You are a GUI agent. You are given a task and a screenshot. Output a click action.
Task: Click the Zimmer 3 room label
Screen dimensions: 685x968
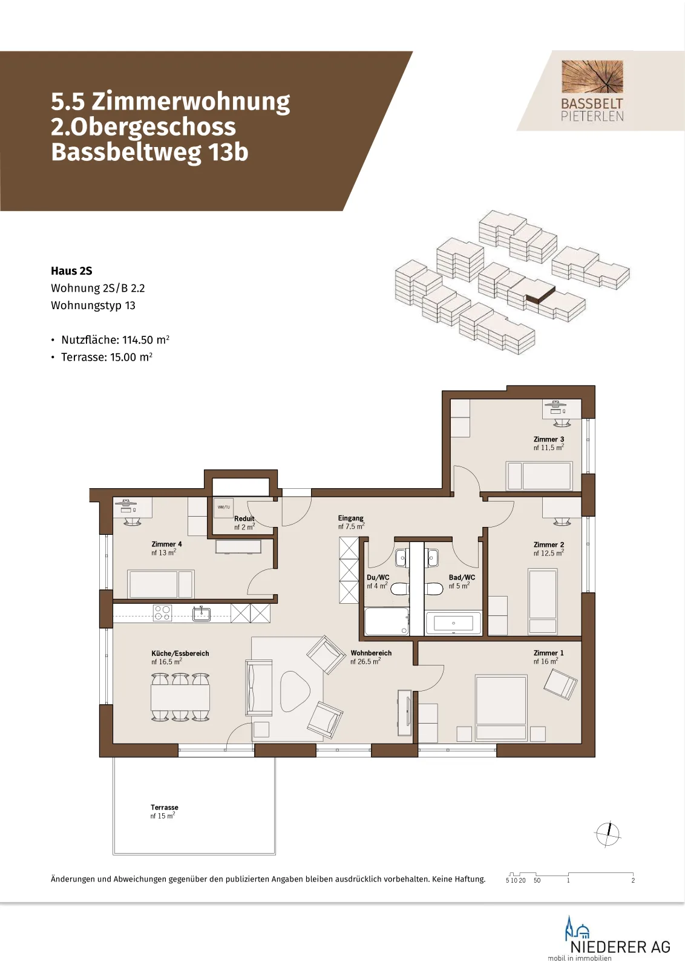coord(548,439)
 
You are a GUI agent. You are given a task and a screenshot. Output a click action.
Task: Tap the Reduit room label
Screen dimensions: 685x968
coord(244,518)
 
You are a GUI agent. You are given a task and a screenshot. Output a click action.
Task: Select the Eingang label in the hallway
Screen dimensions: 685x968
coord(350,518)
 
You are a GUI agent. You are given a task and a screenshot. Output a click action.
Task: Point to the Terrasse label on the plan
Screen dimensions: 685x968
coord(164,807)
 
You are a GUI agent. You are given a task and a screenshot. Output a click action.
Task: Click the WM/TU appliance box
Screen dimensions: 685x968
coord(223,507)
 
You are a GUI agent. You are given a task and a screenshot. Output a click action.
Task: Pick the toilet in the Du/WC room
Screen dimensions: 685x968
coord(399,588)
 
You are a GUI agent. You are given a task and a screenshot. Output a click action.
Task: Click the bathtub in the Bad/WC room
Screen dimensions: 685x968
coord(453,623)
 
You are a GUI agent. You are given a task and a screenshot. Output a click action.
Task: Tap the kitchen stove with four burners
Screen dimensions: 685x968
coord(163,613)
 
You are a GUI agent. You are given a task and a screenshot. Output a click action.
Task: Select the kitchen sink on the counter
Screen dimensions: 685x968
coord(202,613)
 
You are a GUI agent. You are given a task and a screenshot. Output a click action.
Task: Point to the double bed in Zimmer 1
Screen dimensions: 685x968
coord(501,708)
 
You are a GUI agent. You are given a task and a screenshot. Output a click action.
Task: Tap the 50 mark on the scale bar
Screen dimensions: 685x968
coord(537,880)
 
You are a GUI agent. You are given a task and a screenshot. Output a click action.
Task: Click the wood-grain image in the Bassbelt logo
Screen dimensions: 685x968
coord(592,76)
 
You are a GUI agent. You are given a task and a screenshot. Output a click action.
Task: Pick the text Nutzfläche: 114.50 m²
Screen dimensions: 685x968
coord(116,339)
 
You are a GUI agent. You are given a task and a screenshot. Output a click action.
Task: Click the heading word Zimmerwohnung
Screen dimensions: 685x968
coord(191,102)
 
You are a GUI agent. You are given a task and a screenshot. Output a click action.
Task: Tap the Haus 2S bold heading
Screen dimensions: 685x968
coord(71,271)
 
